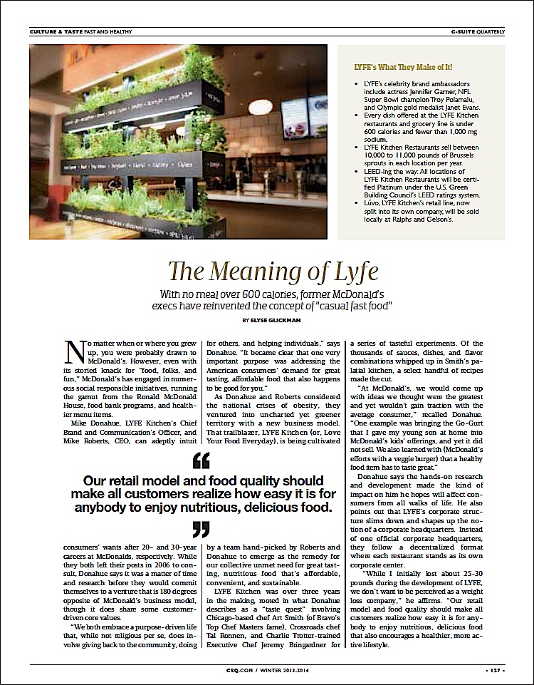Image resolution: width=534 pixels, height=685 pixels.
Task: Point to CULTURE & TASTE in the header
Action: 56,32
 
